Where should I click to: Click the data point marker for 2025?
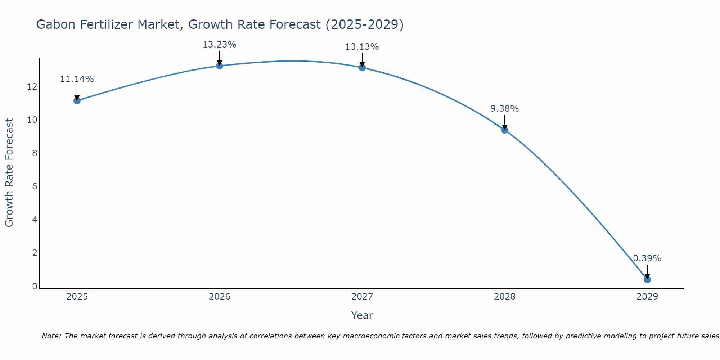click(77, 100)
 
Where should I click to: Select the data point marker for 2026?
click(219, 66)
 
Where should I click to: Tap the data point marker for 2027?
click(362, 67)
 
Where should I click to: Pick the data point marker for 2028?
click(504, 130)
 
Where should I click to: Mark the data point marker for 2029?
click(647, 280)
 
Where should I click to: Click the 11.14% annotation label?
click(77, 79)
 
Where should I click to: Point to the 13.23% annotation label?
click(219, 45)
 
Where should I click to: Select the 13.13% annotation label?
click(362, 47)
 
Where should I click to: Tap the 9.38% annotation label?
click(504, 109)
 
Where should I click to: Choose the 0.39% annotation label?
click(647, 258)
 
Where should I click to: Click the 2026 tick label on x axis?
click(220, 297)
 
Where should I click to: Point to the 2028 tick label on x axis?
click(504, 297)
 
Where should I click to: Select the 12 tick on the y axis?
click(32, 87)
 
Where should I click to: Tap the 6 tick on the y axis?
click(35, 186)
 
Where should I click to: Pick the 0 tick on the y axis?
click(35, 287)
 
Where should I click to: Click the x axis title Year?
click(362, 315)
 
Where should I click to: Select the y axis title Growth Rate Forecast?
click(9, 173)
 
